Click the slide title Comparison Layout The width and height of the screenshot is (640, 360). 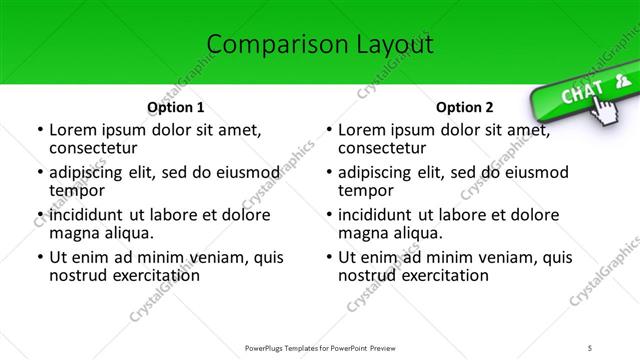click(x=320, y=44)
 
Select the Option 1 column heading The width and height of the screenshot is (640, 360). click(x=175, y=107)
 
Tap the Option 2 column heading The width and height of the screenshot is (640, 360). click(x=464, y=107)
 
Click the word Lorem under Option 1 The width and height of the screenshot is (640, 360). click(x=76, y=130)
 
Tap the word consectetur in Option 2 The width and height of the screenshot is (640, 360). click(x=381, y=149)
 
